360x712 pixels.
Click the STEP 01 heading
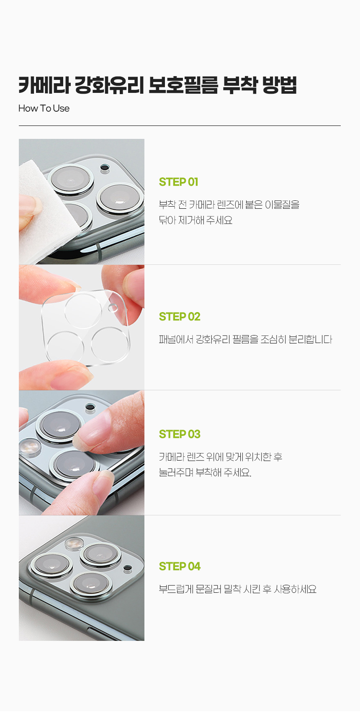point(178,182)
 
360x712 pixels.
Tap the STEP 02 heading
point(180,317)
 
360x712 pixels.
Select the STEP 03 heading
point(180,434)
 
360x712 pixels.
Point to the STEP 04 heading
point(180,566)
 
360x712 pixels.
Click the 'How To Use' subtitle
point(44,108)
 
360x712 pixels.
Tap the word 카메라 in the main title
point(44,85)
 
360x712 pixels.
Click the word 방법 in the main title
point(279,85)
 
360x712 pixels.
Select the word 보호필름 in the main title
point(183,85)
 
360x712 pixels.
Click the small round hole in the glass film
point(113,308)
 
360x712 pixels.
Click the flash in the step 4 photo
point(74,543)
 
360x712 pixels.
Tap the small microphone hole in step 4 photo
point(128,568)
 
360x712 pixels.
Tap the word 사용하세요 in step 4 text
point(295,589)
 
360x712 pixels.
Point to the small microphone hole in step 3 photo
point(90,407)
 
